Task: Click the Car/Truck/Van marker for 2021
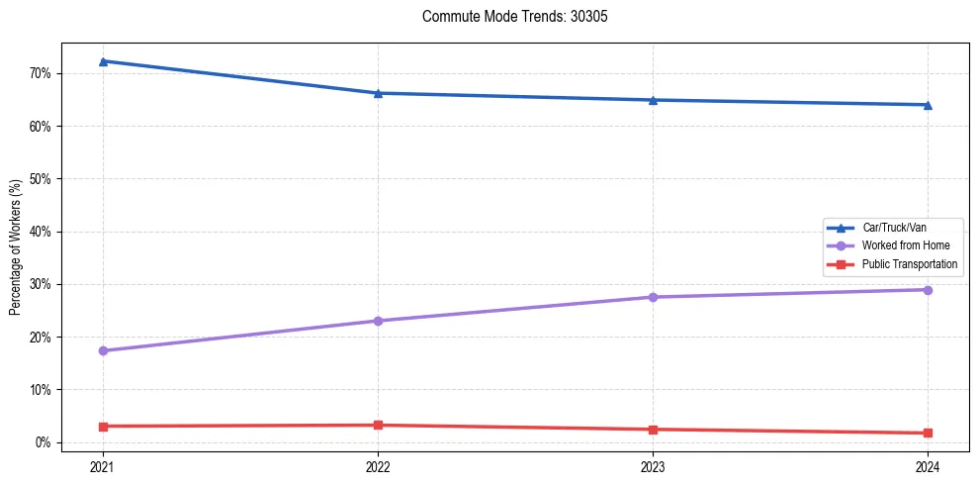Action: tap(103, 61)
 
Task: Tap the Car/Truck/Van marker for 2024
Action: tap(928, 105)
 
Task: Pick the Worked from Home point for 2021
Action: tap(103, 350)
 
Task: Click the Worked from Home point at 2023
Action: tap(653, 297)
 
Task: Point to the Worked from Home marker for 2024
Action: tap(928, 290)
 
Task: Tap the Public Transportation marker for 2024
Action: tap(928, 433)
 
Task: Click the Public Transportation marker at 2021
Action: tap(103, 426)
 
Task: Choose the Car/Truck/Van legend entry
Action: tap(893, 228)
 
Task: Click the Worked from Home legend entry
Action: tap(905, 245)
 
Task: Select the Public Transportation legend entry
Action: tap(909, 264)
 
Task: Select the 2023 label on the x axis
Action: tap(653, 466)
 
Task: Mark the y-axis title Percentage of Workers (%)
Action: tap(15, 247)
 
